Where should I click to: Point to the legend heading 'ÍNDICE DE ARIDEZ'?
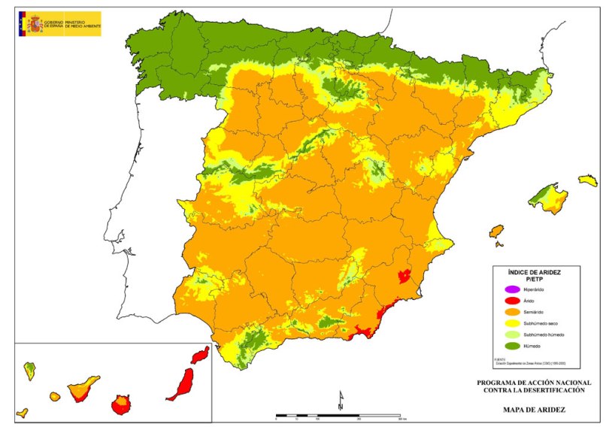(535, 271)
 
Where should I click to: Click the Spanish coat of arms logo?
(35, 23)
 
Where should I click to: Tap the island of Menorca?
(588, 180)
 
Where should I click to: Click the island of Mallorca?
(549, 198)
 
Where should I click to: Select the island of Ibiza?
(495, 231)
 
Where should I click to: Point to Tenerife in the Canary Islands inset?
(83, 389)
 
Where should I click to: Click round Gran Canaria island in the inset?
(120, 406)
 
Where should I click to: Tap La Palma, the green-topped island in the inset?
(29, 370)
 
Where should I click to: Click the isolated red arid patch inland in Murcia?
(404, 276)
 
